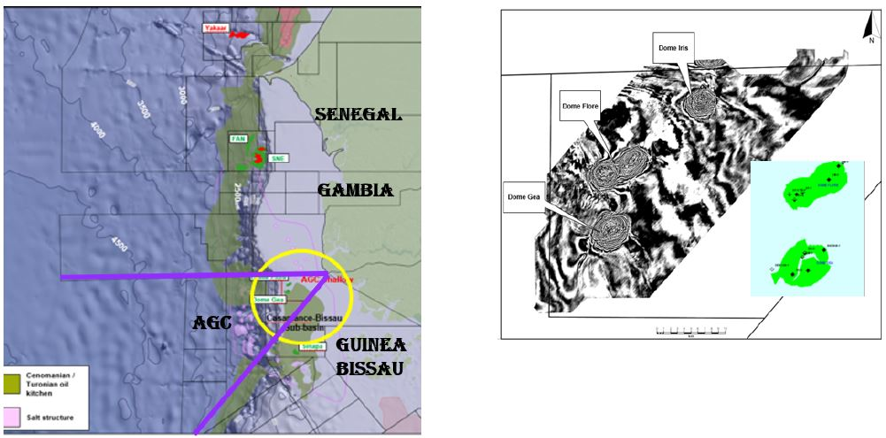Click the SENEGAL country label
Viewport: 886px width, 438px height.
(358, 115)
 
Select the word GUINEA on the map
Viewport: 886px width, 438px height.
(370, 345)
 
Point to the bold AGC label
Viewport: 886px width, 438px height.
(212, 323)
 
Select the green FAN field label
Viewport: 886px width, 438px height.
(237, 139)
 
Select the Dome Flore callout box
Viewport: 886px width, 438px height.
(581, 107)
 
